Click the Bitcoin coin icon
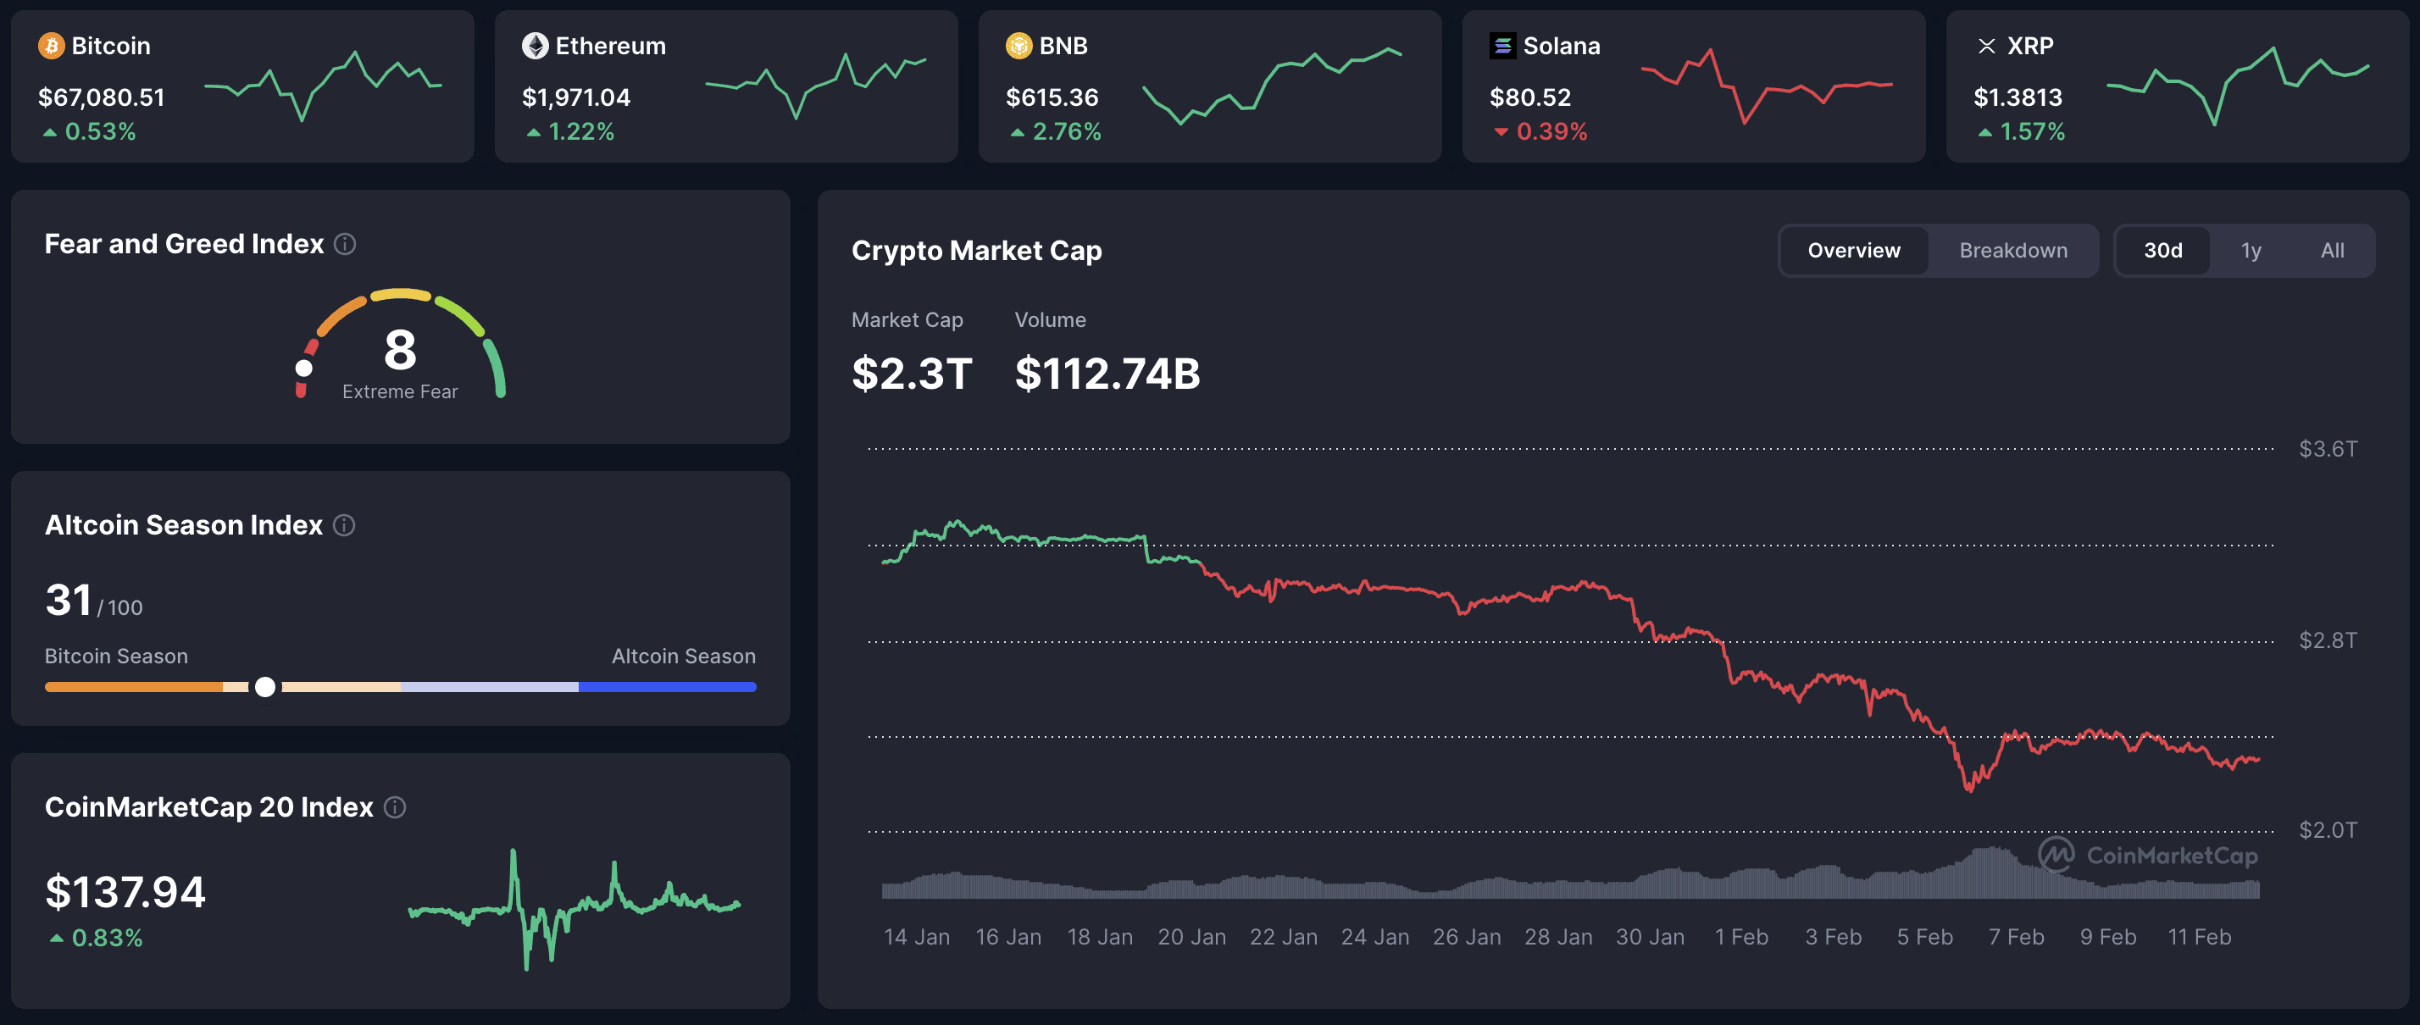click(x=51, y=45)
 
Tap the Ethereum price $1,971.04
click(x=576, y=97)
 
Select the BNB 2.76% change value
click(x=1065, y=131)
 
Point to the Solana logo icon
click(x=1502, y=45)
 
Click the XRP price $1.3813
click(x=2017, y=97)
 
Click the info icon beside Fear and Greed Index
click(x=345, y=244)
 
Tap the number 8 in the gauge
click(x=400, y=350)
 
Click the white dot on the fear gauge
click(x=303, y=368)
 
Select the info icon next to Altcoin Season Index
click(x=344, y=525)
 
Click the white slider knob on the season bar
click(x=266, y=687)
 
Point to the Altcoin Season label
click(x=683, y=656)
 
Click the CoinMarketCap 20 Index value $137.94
click(x=125, y=892)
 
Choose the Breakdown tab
click(x=2012, y=251)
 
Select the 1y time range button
click(x=2250, y=251)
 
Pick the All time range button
click(x=2332, y=251)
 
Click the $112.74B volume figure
click(x=1107, y=374)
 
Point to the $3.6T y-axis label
click(x=2327, y=449)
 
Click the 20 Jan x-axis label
click(x=1191, y=937)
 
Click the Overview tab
click(x=1852, y=251)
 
